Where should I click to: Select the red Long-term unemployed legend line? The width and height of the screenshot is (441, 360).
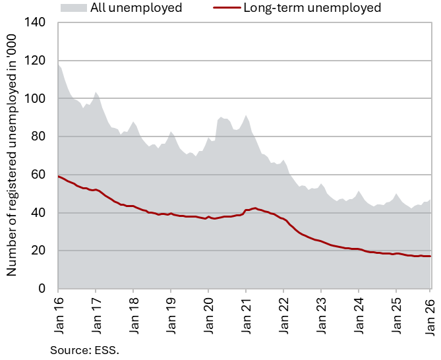225,8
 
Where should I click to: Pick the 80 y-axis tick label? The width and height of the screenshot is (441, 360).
39,136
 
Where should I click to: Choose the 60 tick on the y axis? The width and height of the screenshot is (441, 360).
39,175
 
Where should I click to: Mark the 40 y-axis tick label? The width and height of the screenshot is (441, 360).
39,213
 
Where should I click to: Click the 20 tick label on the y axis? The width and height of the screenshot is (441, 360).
39,251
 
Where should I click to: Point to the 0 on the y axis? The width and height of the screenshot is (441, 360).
42,289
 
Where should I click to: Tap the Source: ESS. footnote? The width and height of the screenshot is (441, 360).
84,350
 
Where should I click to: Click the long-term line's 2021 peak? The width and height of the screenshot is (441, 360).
254,208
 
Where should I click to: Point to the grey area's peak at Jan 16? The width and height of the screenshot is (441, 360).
59,65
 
